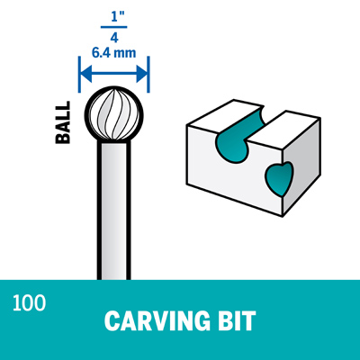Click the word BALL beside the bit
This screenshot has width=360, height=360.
(x=63, y=122)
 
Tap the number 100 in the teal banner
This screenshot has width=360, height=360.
(x=29, y=303)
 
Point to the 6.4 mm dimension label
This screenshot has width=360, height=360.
(x=113, y=53)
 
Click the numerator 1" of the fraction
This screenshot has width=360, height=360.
(x=114, y=17)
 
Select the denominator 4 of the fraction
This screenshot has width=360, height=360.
(x=114, y=37)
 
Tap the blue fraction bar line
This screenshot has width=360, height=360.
(x=114, y=27)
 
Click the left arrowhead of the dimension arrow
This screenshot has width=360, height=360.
(x=86, y=74)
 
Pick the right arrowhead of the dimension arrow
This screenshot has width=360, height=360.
(x=141, y=74)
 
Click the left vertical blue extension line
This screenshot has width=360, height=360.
(x=80, y=74)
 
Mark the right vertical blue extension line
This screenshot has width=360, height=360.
(x=148, y=74)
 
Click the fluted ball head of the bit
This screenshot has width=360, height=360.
(x=114, y=115)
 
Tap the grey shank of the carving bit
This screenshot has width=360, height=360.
(x=114, y=210)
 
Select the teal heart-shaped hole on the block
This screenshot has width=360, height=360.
(x=279, y=179)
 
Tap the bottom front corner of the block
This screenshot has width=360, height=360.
(x=283, y=216)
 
